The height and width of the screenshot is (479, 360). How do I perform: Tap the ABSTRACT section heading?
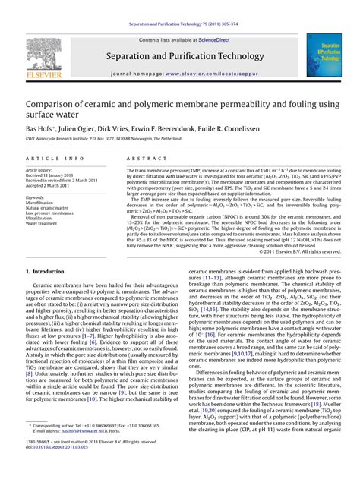[141, 158]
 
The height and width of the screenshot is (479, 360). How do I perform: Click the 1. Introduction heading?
[49, 271]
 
